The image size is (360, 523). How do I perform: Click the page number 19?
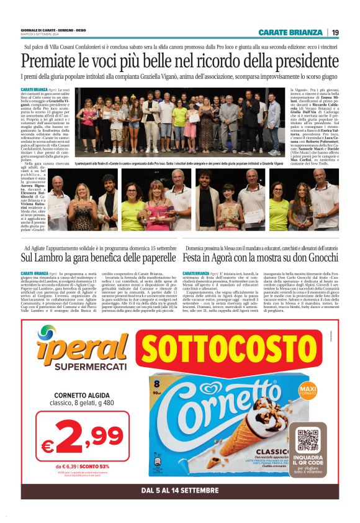pyautogui.click(x=335, y=32)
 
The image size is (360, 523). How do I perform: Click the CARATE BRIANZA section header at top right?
pyautogui.click(x=290, y=32)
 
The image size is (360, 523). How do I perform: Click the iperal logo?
pyautogui.click(x=73, y=344)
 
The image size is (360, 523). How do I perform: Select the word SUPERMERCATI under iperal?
pyautogui.click(x=74, y=366)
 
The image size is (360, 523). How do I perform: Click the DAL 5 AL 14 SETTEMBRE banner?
pyautogui.click(x=180, y=490)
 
